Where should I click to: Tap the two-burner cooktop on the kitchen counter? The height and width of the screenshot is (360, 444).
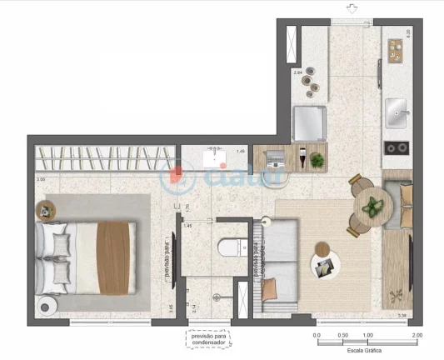tap(396, 148)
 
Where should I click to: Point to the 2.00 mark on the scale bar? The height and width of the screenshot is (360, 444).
tap(417, 335)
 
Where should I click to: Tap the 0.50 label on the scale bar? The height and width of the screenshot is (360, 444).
tap(342, 335)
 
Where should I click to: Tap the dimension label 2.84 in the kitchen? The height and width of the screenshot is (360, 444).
tap(297, 73)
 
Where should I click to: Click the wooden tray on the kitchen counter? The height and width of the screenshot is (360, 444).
tap(396, 47)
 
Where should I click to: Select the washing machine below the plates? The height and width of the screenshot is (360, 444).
tap(309, 123)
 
